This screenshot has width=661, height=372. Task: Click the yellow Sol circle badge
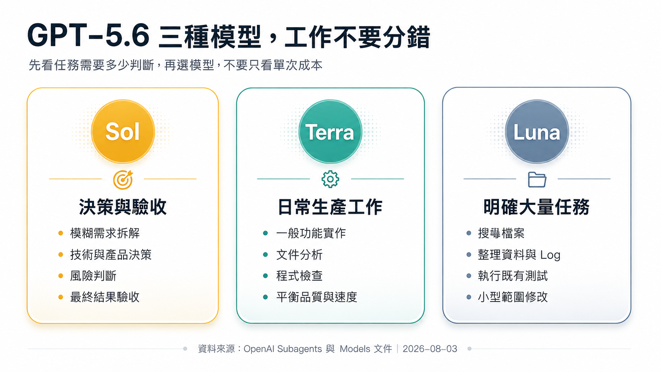[x=123, y=132]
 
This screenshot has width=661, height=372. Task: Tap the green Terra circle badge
[x=330, y=132]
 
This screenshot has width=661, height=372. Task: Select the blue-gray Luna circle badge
[x=537, y=132]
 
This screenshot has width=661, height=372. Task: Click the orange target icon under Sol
[x=123, y=179]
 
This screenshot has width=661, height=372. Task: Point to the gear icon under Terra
[x=330, y=179]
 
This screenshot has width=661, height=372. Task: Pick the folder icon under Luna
[x=537, y=179]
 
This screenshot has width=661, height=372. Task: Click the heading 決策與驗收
[x=123, y=207]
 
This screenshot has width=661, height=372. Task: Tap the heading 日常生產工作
[x=330, y=207]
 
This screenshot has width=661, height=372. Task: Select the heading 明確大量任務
[x=536, y=207]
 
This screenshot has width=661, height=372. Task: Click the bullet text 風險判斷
[x=93, y=276]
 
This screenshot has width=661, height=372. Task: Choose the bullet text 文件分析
[x=299, y=255]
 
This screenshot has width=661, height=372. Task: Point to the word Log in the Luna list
[x=550, y=255]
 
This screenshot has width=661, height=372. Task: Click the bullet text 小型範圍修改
[x=513, y=297]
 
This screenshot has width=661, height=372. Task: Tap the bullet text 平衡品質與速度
[x=317, y=297]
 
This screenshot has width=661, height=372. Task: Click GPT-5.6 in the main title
[x=88, y=36]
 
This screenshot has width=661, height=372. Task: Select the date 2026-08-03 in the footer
[x=430, y=349]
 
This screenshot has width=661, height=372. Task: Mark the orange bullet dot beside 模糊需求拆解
[x=60, y=233]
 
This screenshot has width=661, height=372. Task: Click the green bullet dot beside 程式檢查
[x=265, y=276]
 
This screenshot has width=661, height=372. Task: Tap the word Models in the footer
[x=355, y=349]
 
